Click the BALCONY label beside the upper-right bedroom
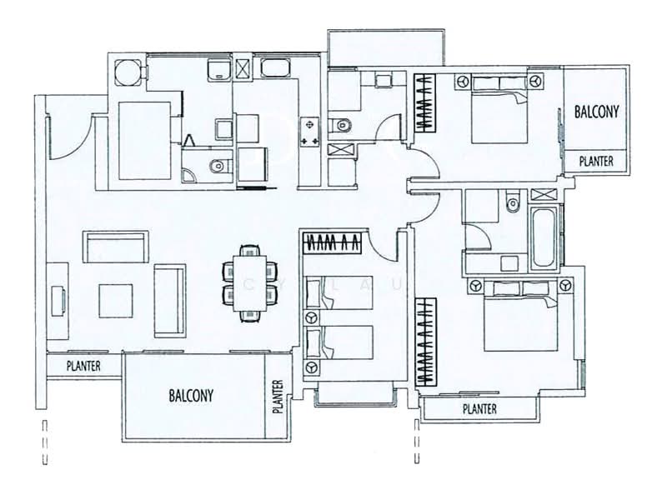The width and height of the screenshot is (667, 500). pos(596,112)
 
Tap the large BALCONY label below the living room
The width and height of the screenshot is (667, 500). pos(191,395)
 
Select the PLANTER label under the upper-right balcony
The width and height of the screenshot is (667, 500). pos(596,161)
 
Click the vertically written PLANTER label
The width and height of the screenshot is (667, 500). pos(278,397)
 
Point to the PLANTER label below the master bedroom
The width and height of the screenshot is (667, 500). pos(479,409)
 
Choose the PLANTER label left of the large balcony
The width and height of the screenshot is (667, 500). pos(83,366)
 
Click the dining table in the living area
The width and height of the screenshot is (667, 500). pos(249,283)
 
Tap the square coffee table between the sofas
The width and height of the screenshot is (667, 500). pos(116,301)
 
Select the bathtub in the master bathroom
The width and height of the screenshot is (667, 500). pos(544,237)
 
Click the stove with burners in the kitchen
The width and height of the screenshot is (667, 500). pos(309,132)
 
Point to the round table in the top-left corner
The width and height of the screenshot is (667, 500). pos(127,72)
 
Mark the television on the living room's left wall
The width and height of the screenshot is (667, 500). pos(58,301)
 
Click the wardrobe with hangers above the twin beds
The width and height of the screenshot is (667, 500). pos(333,243)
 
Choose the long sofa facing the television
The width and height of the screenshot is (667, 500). pos(170,301)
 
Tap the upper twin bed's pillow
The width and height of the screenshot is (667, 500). pos(314,293)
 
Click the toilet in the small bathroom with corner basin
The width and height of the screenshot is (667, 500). pos(219,165)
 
